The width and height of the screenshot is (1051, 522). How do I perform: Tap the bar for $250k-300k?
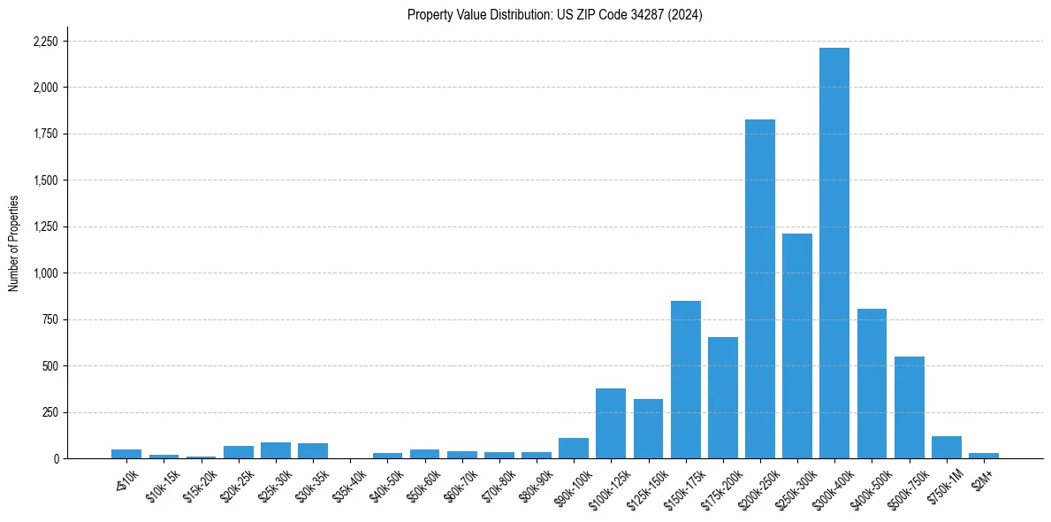pyautogui.click(x=796, y=346)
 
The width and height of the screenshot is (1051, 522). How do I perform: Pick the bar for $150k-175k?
pyautogui.click(x=685, y=380)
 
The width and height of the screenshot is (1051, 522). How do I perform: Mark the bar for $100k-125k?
pyautogui.click(x=611, y=423)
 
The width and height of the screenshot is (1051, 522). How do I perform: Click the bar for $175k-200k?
pyautogui.click(x=722, y=397)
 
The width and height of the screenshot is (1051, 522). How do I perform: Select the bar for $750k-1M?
pyautogui.click(x=946, y=447)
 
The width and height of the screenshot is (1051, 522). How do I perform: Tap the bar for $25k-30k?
pyautogui.click(x=276, y=450)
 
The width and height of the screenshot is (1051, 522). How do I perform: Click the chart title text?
pyautogui.click(x=554, y=15)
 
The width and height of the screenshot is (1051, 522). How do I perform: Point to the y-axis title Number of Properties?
pyautogui.click(x=14, y=243)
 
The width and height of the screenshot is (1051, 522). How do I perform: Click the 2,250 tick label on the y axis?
pyautogui.click(x=45, y=42)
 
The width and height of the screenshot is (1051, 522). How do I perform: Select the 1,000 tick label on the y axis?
pyautogui.click(x=45, y=273)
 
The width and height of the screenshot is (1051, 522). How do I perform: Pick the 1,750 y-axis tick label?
pyautogui.click(x=45, y=134)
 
